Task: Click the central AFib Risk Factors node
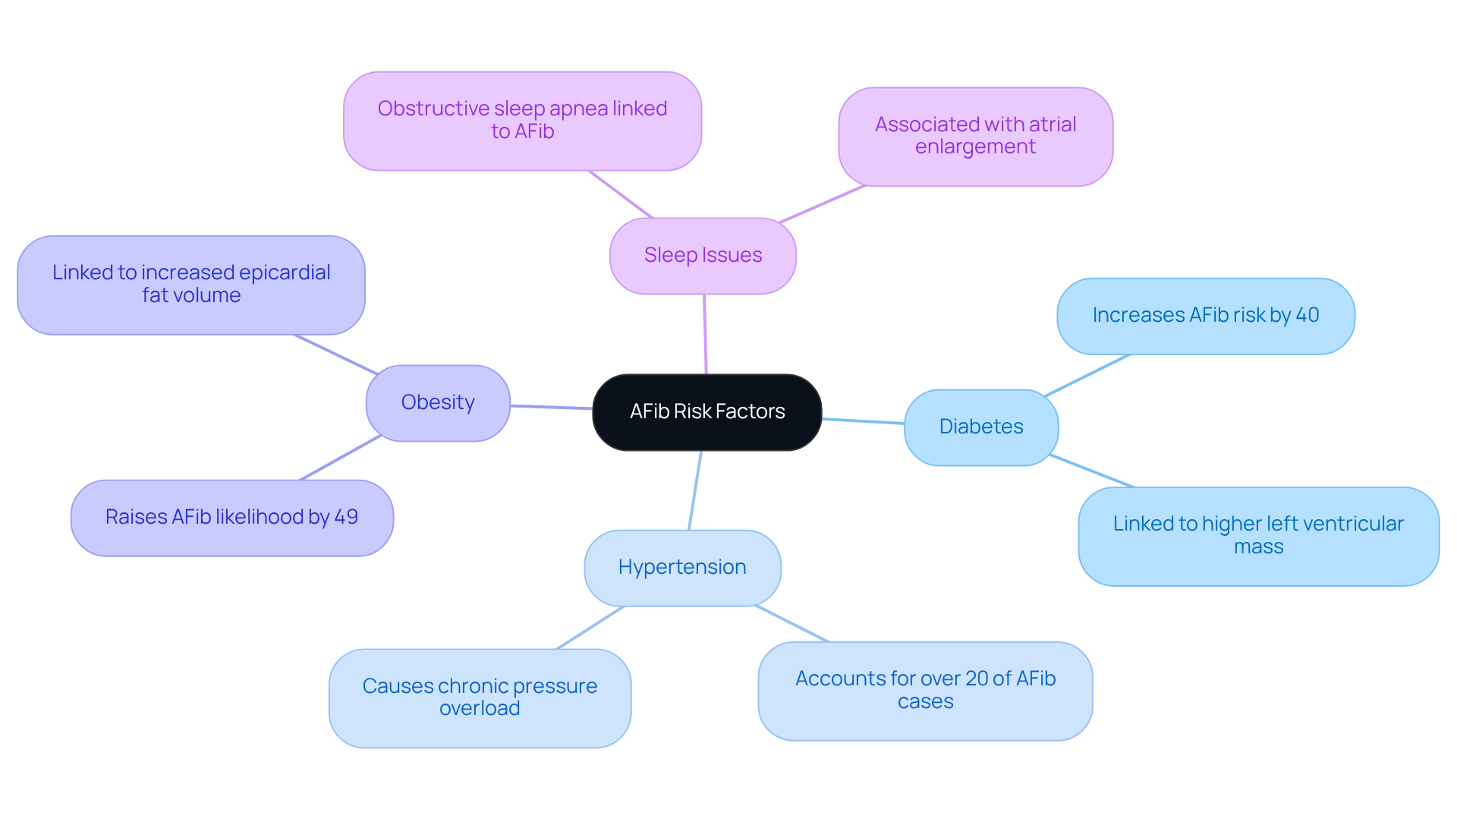(x=706, y=412)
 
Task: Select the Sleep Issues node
(x=703, y=256)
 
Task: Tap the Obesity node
(x=438, y=403)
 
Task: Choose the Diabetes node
(x=980, y=427)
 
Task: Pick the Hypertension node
(x=682, y=568)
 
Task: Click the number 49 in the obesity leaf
(x=346, y=517)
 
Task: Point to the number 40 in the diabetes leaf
(x=1307, y=315)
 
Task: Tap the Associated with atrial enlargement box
(x=975, y=137)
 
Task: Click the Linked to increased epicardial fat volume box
(x=191, y=285)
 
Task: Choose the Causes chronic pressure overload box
(x=480, y=698)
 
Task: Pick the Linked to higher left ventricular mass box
(x=1258, y=536)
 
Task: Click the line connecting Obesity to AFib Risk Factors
(x=551, y=408)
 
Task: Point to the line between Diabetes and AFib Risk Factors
(x=863, y=421)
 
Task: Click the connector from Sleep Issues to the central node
(x=705, y=334)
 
